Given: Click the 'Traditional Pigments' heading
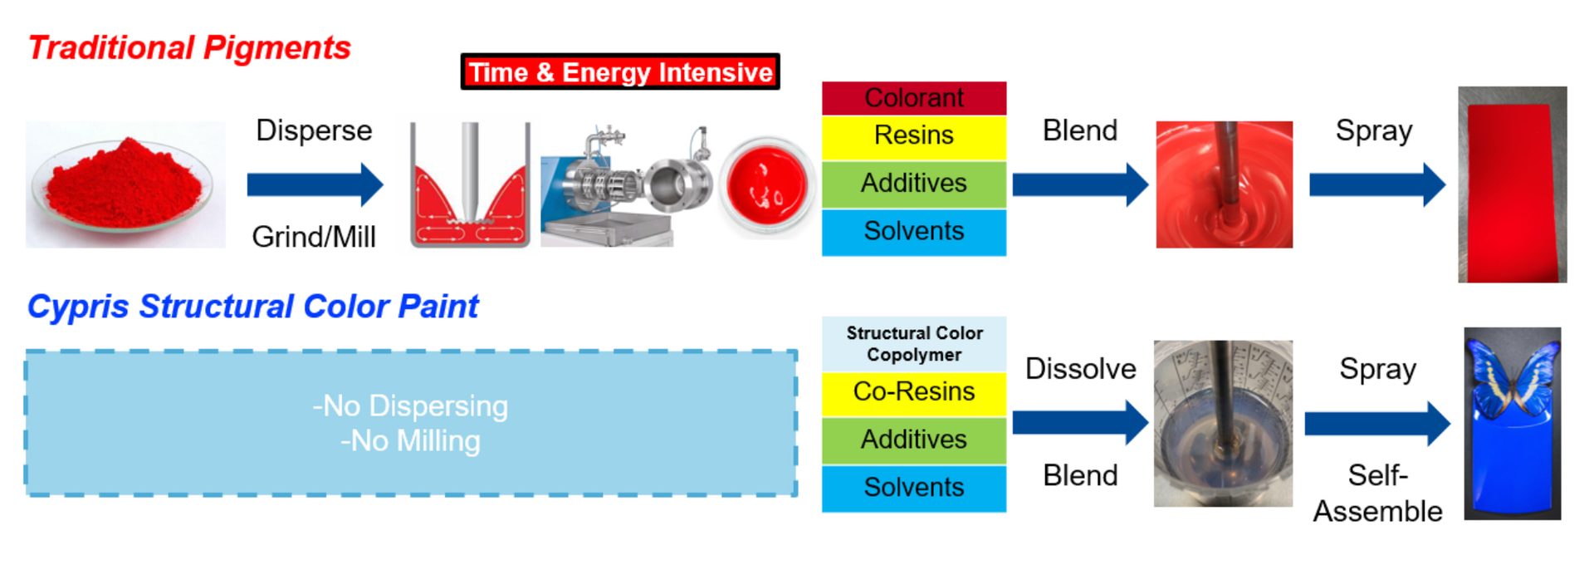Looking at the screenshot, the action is click(x=189, y=47).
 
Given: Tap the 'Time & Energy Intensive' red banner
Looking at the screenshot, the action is click(x=620, y=72).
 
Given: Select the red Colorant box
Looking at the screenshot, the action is click(x=914, y=98).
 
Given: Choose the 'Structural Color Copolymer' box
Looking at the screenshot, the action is click(x=914, y=344).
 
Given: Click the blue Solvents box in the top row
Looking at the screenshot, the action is click(x=914, y=232).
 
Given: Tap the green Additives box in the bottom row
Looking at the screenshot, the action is click(x=914, y=440).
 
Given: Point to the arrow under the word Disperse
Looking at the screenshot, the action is click(x=315, y=184).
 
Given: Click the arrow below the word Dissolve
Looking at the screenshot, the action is click(x=1080, y=422).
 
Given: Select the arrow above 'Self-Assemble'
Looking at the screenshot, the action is click(x=1377, y=424).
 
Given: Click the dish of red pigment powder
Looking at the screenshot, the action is click(x=125, y=184).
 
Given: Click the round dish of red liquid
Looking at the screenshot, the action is click(x=767, y=186).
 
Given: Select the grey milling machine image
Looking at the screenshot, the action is click(x=626, y=186).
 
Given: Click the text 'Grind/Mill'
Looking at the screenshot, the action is click(x=314, y=237).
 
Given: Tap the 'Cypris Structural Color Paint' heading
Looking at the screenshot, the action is click(x=253, y=307).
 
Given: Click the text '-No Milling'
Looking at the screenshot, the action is click(x=410, y=441).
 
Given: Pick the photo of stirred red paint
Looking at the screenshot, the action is click(x=1224, y=184).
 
